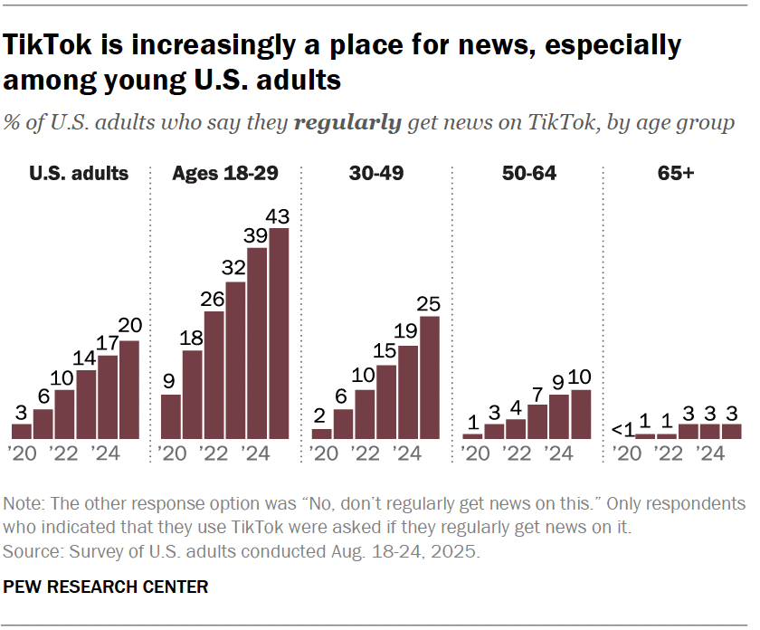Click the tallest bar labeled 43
point(280,333)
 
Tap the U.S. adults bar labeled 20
point(129,389)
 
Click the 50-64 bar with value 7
point(537,421)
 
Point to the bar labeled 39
point(258,343)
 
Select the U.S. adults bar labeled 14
point(86,404)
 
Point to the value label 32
point(236,269)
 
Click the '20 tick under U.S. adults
point(21,453)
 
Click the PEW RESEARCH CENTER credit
point(106,587)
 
